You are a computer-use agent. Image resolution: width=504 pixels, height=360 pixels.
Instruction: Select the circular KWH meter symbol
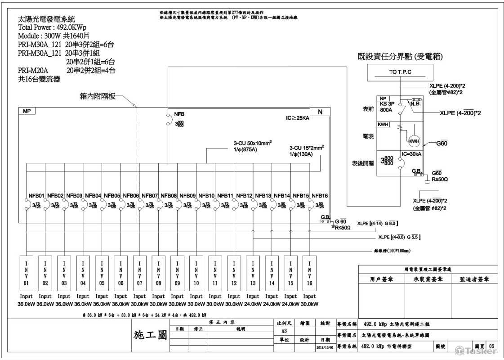click(x=414, y=141)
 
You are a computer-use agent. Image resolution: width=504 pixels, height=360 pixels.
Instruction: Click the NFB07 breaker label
click(x=149, y=196)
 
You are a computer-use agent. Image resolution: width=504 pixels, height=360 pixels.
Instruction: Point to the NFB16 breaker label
click(x=320, y=196)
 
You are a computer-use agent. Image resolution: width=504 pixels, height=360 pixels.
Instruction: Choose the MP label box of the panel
click(x=27, y=111)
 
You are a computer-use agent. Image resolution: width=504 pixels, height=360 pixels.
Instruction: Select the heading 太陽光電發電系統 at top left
click(x=46, y=19)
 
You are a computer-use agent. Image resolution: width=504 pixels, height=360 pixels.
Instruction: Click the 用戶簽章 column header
click(x=382, y=279)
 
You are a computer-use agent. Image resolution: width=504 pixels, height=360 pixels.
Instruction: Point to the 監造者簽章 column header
click(x=474, y=279)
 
